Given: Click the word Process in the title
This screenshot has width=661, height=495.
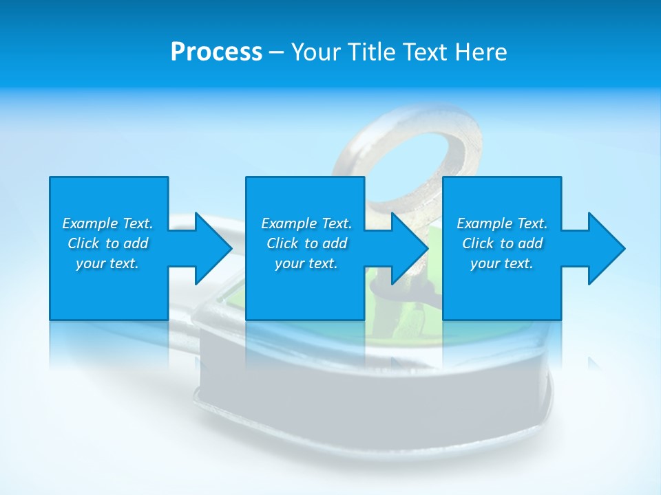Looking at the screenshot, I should (216, 52).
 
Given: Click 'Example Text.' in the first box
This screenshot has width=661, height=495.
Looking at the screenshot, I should (107, 223).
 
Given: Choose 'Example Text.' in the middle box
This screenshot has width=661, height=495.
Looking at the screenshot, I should (306, 223).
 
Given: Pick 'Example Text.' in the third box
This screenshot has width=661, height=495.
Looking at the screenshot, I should (502, 223).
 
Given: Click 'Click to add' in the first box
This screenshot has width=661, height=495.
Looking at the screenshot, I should (107, 243).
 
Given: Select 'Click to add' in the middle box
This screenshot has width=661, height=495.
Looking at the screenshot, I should (306, 243).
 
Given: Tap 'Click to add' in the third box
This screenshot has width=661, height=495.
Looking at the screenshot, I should (502, 243).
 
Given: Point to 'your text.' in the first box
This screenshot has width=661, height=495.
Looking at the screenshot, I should (107, 263).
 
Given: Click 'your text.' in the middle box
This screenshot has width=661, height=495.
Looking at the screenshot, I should (306, 263).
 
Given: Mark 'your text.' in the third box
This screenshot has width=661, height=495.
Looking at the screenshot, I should (502, 263).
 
